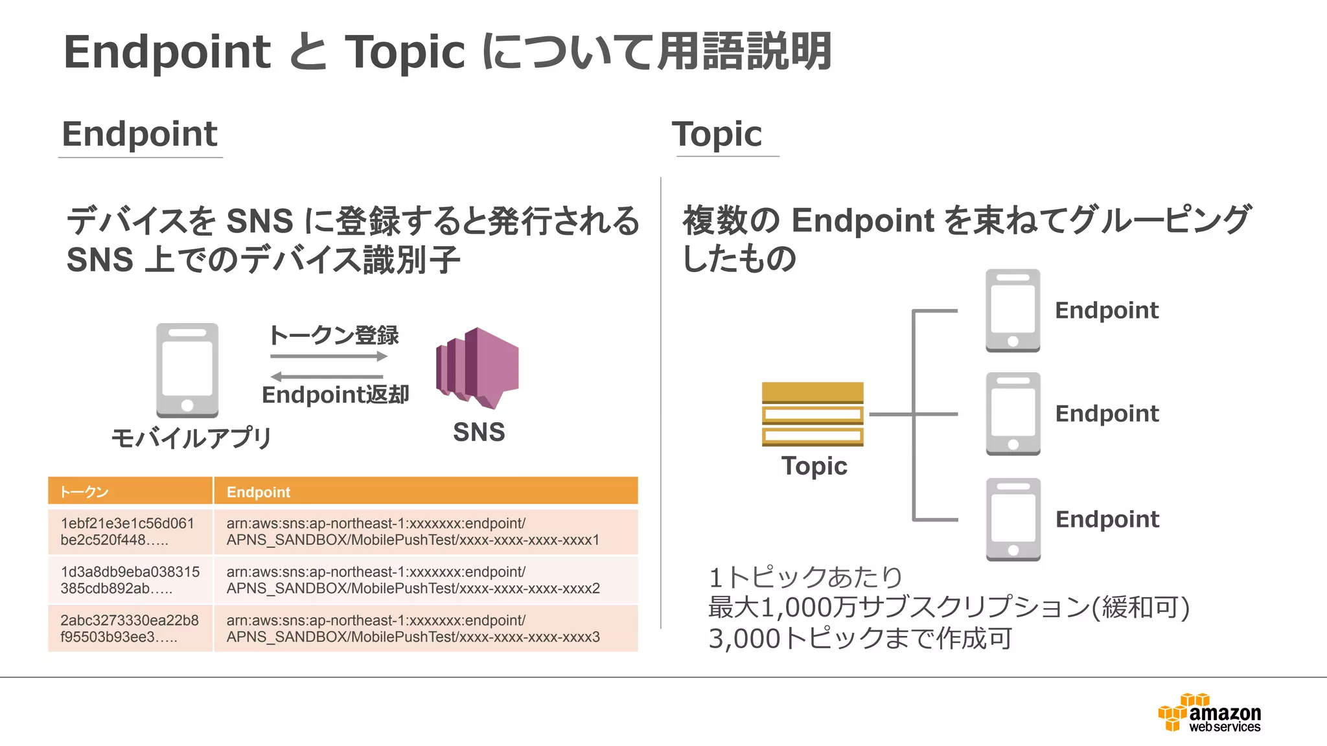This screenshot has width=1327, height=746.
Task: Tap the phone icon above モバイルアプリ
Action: tap(187, 370)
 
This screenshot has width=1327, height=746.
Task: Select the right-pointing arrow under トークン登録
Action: tap(329, 356)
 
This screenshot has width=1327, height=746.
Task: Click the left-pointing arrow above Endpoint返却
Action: tap(327, 376)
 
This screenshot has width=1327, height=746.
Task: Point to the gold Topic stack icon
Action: tap(813, 414)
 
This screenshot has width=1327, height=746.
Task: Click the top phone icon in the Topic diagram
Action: tap(1013, 311)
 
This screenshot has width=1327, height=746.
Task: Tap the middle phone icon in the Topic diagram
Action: tap(1013, 414)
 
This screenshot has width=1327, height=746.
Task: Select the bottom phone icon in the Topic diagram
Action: tap(1013, 519)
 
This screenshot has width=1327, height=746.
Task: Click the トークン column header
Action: tap(130, 492)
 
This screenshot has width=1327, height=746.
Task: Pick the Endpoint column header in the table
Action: tap(425, 492)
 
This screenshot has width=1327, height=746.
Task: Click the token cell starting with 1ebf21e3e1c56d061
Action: tap(130, 532)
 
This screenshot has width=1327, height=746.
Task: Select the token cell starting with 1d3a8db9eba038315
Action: tap(130, 580)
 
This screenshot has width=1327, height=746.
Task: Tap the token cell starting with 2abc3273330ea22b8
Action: tap(130, 628)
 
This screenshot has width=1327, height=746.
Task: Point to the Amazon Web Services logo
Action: tap(1210, 713)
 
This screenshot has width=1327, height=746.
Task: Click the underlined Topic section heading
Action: tap(717, 135)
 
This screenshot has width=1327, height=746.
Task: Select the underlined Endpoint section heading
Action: tap(139, 135)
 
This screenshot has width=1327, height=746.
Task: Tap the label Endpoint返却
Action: tap(335, 395)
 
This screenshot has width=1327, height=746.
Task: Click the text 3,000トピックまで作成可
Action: tap(860, 639)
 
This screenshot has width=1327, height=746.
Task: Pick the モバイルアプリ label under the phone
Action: tap(191, 438)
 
